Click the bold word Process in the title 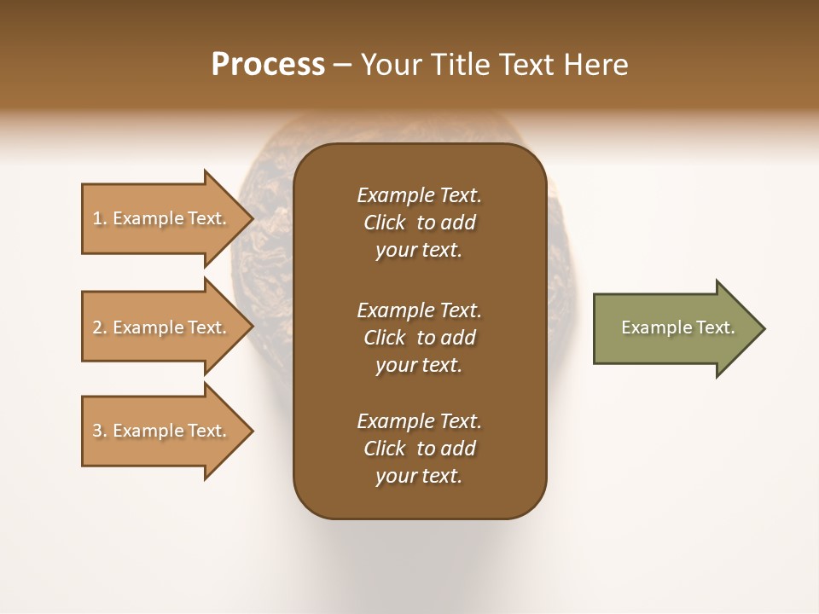(x=268, y=64)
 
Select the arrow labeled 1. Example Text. (x=162, y=218)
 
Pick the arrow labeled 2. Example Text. (x=162, y=327)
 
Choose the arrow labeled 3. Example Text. (x=162, y=431)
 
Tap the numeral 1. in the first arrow (x=100, y=219)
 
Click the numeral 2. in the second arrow (x=100, y=327)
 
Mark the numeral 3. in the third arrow (x=100, y=431)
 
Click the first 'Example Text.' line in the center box (x=419, y=195)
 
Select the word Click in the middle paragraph (x=385, y=338)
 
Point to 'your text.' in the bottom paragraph (x=419, y=476)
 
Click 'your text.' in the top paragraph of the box (x=419, y=250)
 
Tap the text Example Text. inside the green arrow (x=678, y=327)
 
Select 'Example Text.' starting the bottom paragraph (x=419, y=421)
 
